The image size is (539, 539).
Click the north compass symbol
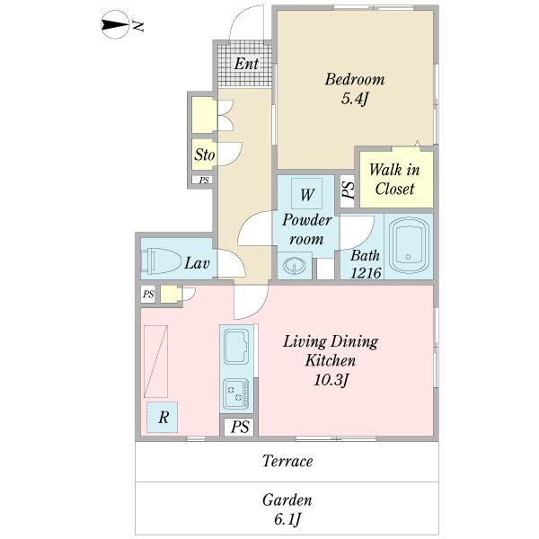click(115, 24)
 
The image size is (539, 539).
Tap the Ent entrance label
click(246, 64)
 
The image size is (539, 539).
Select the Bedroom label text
click(355, 79)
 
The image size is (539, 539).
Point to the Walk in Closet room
click(395, 179)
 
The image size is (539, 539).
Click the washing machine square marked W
click(306, 193)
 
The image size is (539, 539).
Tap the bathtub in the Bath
click(409, 245)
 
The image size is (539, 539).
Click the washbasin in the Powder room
click(295, 265)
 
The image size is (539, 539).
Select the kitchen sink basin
click(236, 347)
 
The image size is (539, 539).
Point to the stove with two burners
click(235, 394)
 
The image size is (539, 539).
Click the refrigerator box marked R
click(163, 417)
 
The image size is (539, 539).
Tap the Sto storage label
click(205, 155)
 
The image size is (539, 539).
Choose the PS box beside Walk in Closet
click(347, 191)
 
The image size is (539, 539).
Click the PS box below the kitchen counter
click(239, 427)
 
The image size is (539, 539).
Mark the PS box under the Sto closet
click(204, 180)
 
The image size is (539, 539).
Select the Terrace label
click(287, 461)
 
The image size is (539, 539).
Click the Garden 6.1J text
click(287, 509)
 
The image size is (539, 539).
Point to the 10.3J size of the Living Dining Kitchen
click(331, 381)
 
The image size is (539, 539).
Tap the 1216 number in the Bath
click(366, 273)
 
